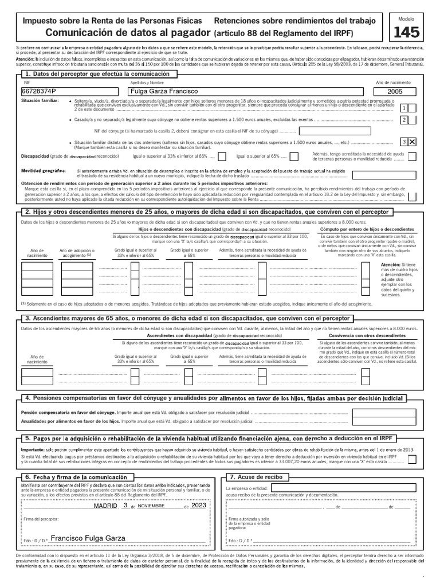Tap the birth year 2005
point(399,92)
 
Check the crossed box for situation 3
point(412,142)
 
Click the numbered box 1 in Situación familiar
point(404,108)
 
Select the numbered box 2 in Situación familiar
point(404,119)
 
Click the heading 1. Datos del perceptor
point(97,75)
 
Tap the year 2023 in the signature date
point(198,506)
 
